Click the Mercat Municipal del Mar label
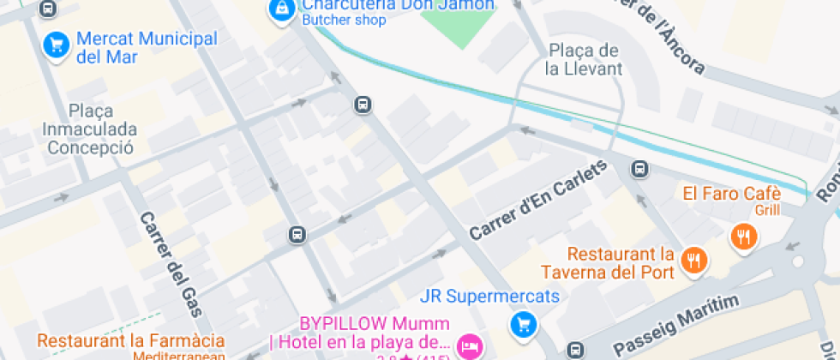point(146,48)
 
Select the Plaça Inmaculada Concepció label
point(91,129)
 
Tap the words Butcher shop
point(344,21)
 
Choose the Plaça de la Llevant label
point(583,59)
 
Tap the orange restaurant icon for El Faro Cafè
point(743,236)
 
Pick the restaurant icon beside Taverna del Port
point(692,260)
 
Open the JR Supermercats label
point(489,297)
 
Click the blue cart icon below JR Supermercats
point(523,325)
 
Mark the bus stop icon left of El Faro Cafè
point(639,169)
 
